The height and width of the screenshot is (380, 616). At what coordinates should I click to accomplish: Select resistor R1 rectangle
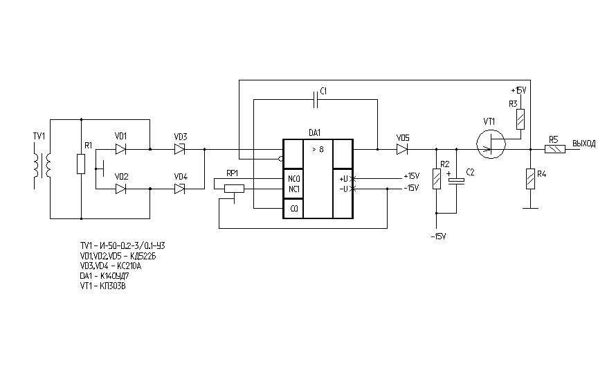click(80, 164)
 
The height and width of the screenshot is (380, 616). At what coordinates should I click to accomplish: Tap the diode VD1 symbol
click(120, 148)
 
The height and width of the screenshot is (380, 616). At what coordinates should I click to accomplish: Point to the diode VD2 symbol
click(120, 188)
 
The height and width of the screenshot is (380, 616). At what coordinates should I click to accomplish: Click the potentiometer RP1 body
click(235, 187)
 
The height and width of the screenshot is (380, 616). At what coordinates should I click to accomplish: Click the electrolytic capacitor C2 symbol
click(457, 180)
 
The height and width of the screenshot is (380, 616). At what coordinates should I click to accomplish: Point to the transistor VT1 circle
click(491, 144)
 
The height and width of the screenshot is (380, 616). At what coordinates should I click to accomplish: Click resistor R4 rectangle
click(530, 179)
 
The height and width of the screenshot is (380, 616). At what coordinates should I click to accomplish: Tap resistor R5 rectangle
click(555, 148)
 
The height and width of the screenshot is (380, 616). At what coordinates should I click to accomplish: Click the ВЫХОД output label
click(584, 144)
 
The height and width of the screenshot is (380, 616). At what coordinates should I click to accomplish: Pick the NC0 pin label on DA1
click(293, 178)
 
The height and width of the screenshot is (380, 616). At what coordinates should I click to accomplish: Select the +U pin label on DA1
click(344, 178)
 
